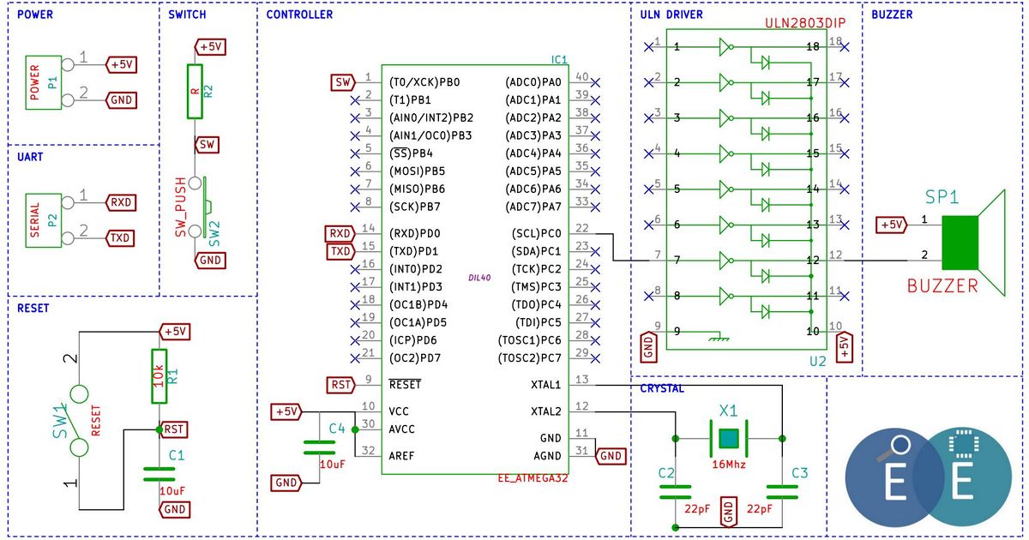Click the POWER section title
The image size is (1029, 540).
click(35, 15)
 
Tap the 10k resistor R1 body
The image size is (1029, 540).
click(159, 376)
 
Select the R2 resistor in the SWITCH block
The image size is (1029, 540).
click(195, 92)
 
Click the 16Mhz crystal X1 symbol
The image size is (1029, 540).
click(729, 439)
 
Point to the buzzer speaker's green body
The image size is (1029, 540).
click(960, 243)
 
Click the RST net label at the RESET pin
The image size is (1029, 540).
click(341, 385)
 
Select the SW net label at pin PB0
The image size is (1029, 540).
click(343, 82)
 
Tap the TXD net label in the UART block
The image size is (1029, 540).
click(120, 238)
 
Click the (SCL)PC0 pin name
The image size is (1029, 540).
click(537, 234)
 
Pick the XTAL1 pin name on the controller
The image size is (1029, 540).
click(545, 385)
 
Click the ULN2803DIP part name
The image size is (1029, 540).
click(805, 23)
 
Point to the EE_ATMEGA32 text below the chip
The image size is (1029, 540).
click(533, 478)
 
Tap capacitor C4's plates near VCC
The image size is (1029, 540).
click(319, 447)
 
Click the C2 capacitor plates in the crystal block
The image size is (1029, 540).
click(676, 492)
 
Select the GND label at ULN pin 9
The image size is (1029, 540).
click(648, 347)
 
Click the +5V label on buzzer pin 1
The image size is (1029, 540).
click(892, 225)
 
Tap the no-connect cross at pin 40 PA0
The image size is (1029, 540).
click(595, 82)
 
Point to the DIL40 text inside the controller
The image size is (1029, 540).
click(479, 278)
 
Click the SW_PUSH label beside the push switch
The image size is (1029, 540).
click(181, 207)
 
